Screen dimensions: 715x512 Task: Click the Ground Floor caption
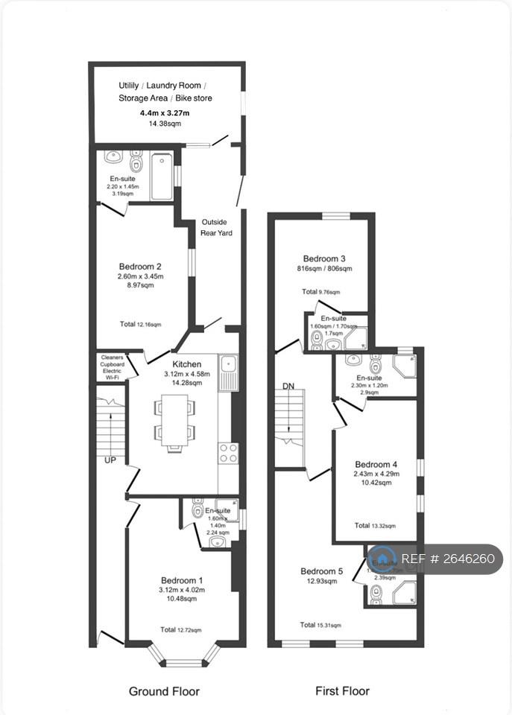[164, 691]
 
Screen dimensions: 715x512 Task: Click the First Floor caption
[343, 691]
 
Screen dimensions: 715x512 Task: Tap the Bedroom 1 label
[182, 580]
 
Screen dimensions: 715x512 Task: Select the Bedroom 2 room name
[140, 266]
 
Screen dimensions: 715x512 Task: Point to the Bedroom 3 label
[323, 258]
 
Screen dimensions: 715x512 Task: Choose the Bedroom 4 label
[376, 464]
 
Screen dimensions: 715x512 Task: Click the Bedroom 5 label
[322, 571]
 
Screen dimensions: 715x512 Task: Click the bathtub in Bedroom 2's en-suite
[162, 176]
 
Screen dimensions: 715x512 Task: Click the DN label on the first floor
[289, 387]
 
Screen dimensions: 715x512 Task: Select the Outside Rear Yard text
[216, 227]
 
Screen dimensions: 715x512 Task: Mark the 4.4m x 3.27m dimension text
[165, 113]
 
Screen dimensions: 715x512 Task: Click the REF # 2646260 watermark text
[447, 559]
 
